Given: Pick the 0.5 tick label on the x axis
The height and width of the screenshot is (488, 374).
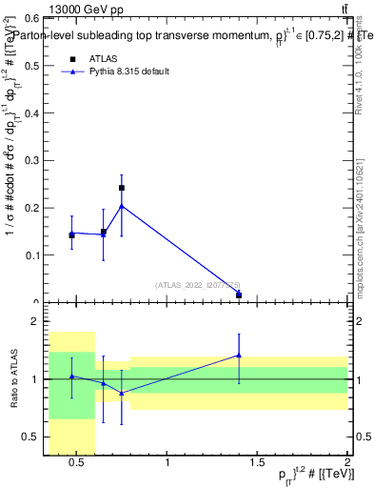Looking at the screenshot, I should (77, 464).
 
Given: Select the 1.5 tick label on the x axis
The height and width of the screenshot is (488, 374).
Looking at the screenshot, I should (257, 464).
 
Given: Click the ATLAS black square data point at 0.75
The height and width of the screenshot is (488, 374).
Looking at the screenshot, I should (121, 188).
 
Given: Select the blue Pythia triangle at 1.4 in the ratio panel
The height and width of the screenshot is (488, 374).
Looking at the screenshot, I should (239, 356).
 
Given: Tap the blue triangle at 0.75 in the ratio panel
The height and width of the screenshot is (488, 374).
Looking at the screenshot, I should (121, 393).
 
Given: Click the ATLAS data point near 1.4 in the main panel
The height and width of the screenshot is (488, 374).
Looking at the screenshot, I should (239, 295).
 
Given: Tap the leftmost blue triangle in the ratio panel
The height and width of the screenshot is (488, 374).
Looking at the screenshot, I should (71, 376).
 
